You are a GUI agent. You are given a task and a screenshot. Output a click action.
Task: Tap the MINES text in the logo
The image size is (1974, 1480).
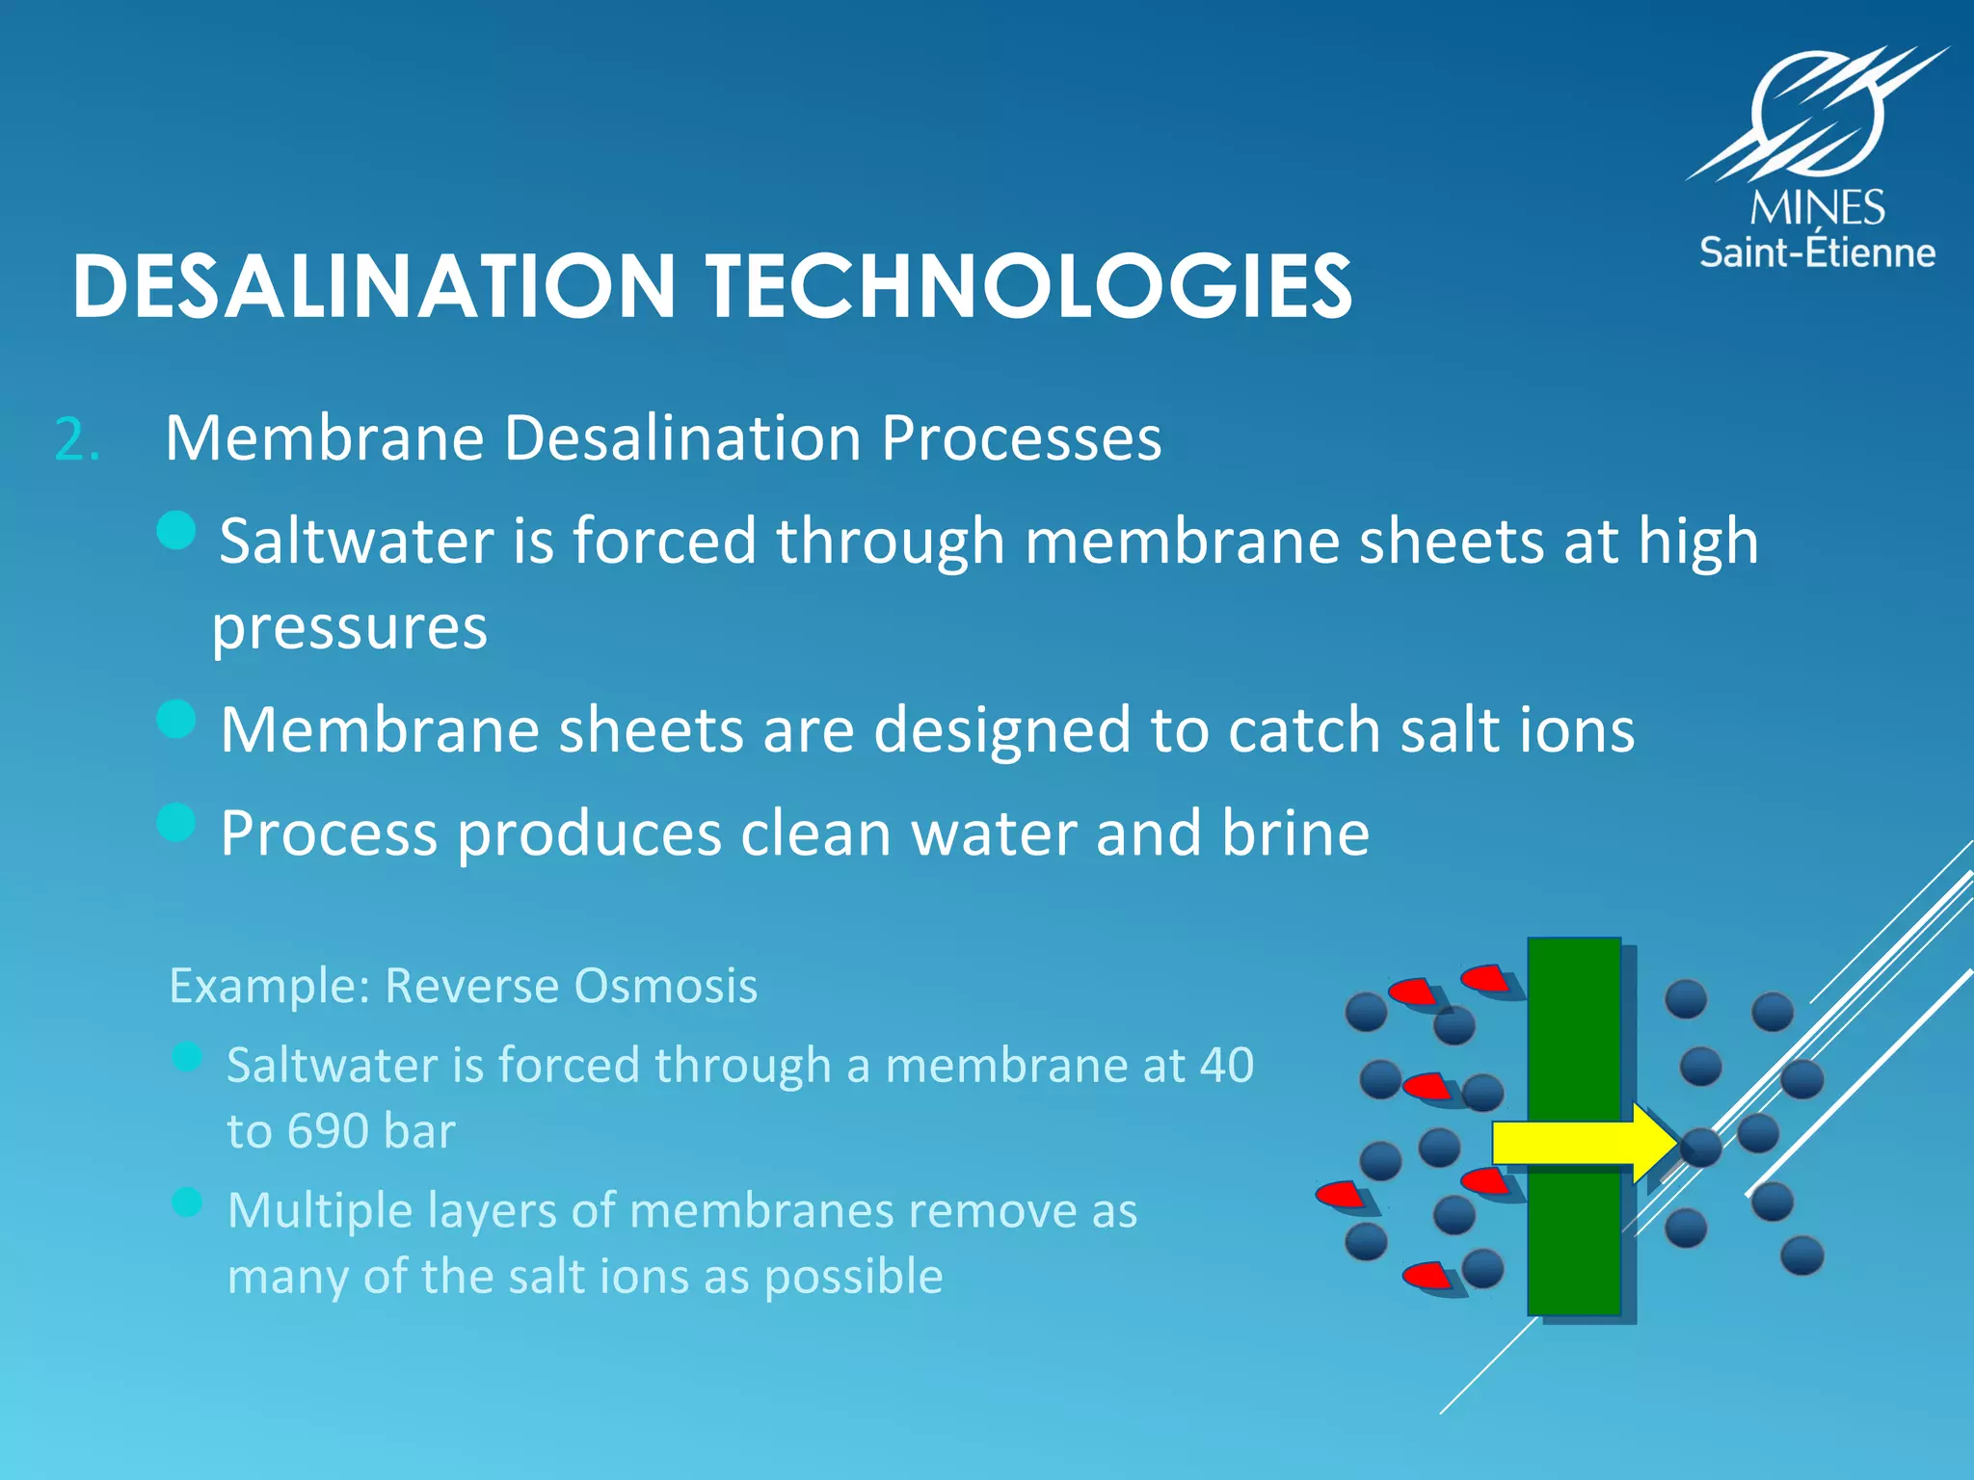pyautogui.click(x=1818, y=208)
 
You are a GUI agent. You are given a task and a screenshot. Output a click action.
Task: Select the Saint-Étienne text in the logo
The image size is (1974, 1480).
pyautogui.click(x=1817, y=252)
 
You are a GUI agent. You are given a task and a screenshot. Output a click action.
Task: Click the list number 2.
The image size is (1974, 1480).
pyautogui.click(x=76, y=440)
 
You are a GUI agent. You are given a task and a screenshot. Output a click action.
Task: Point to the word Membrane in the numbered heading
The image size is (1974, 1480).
pyautogui.click(x=324, y=438)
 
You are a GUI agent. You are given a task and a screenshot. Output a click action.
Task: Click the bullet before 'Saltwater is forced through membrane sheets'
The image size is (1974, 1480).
pyautogui.click(x=176, y=529)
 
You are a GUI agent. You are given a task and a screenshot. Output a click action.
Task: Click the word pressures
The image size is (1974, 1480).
pyautogui.click(x=349, y=627)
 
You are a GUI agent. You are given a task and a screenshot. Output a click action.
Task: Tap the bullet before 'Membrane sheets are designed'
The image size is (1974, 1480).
pyautogui.click(x=176, y=719)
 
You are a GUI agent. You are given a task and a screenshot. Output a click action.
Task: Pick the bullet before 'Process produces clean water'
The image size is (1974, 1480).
pyautogui.click(x=176, y=822)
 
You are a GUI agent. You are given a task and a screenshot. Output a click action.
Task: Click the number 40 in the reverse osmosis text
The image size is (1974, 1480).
pyautogui.click(x=1226, y=1065)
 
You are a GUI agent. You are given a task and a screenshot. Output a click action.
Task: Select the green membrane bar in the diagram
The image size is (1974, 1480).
pyautogui.click(x=1574, y=1041)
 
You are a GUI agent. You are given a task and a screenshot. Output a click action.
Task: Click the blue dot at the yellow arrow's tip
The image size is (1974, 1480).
pyautogui.click(x=1701, y=1148)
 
